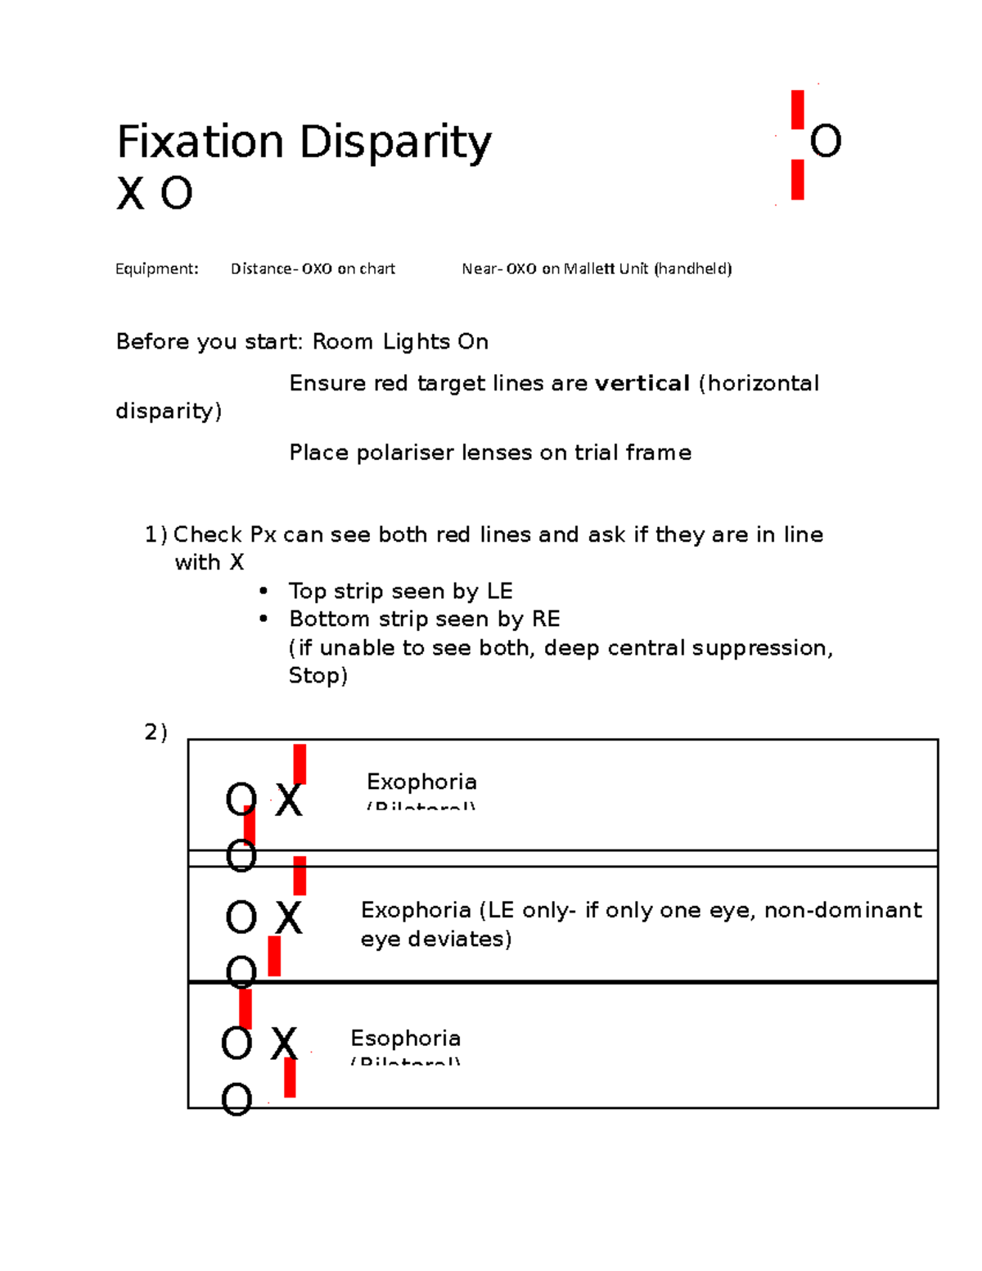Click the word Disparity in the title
click(395, 143)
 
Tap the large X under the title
click(131, 195)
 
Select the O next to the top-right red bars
click(825, 142)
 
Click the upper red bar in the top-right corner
click(797, 110)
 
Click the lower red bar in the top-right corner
click(797, 179)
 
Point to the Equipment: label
click(156, 268)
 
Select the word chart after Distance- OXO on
click(377, 268)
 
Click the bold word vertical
click(642, 383)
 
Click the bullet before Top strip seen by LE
click(263, 591)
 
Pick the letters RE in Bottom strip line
click(546, 619)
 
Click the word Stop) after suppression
click(318, 676)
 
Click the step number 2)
click(155, 732)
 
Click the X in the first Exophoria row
click(288, 800)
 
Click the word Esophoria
click(405, 1038)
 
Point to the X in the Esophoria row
click(284, 1044)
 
